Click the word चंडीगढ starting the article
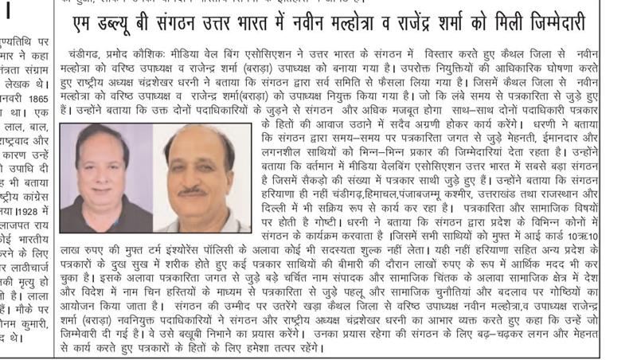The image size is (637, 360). coord(88,52)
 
